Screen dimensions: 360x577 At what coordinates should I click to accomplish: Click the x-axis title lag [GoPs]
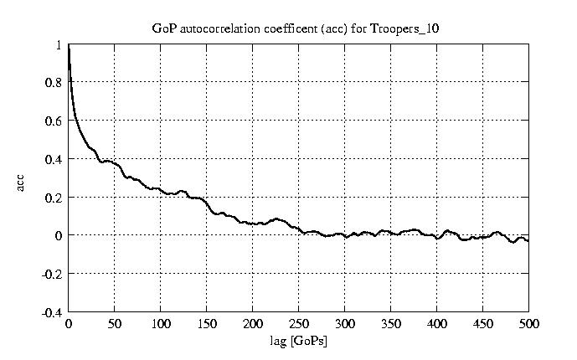(x=298, y=342)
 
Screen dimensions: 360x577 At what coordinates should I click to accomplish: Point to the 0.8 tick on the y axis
(x=54, y=83)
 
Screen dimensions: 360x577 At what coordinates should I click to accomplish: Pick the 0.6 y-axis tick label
(x=54, y=121)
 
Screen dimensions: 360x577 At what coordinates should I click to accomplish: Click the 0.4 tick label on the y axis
(x=54, y=159)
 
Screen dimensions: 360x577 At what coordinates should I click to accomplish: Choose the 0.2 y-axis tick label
(x=54, y=198)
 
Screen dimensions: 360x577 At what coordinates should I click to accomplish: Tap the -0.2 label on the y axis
(x=52, y=274)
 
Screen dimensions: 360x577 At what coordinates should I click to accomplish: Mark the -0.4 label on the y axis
(x=52, y=312)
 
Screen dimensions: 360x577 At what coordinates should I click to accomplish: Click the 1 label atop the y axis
(x=59, y=45)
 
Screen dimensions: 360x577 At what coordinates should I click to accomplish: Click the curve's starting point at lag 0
(x=69, y=47)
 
